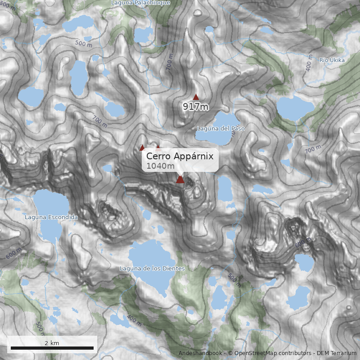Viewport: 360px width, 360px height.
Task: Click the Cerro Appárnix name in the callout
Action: [x=180, y=156]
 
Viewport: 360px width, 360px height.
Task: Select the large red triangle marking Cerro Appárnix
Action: [x=180, y=180]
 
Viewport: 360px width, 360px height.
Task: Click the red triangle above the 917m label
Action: [x=196, y=97]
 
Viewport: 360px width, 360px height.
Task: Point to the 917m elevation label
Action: [x=196, y=107]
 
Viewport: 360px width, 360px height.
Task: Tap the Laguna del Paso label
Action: [x=220, y=129]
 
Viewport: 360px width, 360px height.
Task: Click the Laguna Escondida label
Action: [x=51, y=217]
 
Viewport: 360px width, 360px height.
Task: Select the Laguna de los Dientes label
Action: [x=152, y=269]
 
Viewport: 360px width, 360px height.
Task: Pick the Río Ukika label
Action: [x=332, y=60]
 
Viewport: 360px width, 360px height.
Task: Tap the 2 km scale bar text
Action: [x=52, y=343]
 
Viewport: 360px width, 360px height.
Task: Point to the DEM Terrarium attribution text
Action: [x=337, y=353]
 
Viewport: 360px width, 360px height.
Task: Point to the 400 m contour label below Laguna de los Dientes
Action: [x=134, y=319]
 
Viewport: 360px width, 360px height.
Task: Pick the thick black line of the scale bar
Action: [x=52, y=348]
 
